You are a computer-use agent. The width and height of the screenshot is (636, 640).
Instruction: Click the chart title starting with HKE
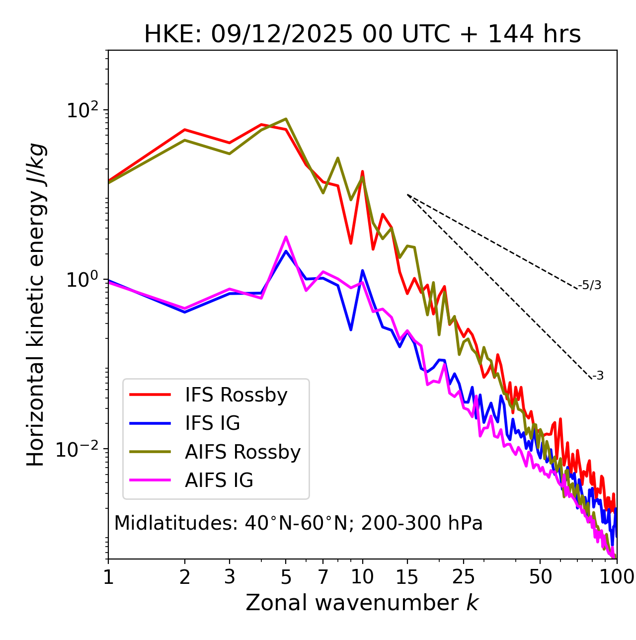tap(362, 34)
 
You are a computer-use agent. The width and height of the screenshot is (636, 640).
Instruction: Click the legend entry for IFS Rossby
tap(236, 395)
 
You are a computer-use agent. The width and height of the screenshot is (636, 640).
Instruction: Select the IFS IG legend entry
tap(212, 423)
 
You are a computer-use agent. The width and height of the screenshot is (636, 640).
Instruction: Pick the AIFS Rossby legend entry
tap(242, 452)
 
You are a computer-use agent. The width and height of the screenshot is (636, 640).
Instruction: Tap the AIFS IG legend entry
tap(219, 480)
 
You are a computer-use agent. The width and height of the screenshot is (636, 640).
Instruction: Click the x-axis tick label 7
tap(323, 577)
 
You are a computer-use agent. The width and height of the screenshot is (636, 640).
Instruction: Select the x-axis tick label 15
tap(407, 577)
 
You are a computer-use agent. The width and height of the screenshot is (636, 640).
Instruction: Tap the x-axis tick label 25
tap(464, 577)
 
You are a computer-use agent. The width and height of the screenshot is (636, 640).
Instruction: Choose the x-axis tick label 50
tap(540, 577)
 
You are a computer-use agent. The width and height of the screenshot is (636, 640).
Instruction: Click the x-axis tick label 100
tap(616, 577)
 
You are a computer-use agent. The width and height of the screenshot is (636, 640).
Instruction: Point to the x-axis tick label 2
tap(185, 577)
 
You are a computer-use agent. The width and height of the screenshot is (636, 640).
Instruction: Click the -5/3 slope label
tap(590, 285)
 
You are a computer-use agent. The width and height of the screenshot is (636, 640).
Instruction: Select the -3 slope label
tap(598, 376)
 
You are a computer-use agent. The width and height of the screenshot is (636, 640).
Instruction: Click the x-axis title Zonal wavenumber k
tap(362, 603)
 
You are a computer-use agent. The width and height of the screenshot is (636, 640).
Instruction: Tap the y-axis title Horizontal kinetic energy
tap(36, 305)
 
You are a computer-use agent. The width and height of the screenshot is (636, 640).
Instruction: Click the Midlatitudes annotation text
tap(298, 523)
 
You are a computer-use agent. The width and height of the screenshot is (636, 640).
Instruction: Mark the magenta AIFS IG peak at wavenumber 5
tap(286, 237)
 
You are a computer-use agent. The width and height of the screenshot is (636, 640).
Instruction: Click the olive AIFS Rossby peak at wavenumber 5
tap(286, 119)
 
